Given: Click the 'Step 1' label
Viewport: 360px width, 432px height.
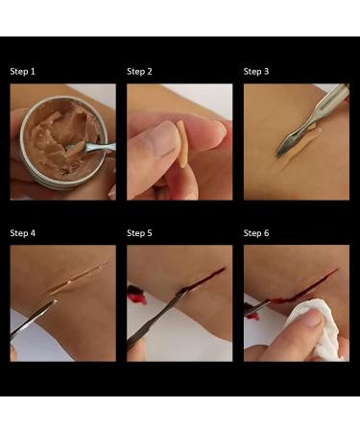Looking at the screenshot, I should coord(24,71).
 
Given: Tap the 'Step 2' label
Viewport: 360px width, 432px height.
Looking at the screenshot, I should coord(140,71).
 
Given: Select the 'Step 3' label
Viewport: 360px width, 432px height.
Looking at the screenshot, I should coord(256,71).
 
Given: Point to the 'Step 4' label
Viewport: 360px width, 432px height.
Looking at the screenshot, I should coord(24,233).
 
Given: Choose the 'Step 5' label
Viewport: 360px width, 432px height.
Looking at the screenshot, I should coord(140,233).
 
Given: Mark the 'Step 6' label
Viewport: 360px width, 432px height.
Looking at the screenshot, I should coord(256,233).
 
